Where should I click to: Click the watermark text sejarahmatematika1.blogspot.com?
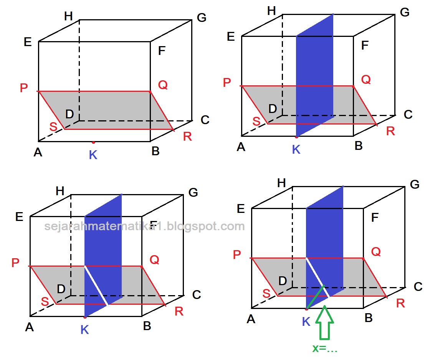coord(144,226)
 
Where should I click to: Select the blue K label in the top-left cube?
coord(93,155)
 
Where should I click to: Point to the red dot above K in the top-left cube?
coord(93,142)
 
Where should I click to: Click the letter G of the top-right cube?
coord(405,12)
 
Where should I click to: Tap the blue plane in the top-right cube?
coord(314,77)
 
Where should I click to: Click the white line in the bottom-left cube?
coord(96,285)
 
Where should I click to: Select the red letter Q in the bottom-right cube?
coord(376,252)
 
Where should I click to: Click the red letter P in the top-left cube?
coord(24,88)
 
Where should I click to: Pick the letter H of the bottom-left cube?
coord(60,191)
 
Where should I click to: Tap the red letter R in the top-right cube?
coord(390,131)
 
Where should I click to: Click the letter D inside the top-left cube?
coord(69,114)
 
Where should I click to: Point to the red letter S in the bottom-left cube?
coord(45,302)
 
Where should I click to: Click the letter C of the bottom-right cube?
coord(418,286)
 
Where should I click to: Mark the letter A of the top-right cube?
coord(241,147)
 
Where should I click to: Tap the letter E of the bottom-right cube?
coord(241,209)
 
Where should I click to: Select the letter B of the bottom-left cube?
coord(147,326)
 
